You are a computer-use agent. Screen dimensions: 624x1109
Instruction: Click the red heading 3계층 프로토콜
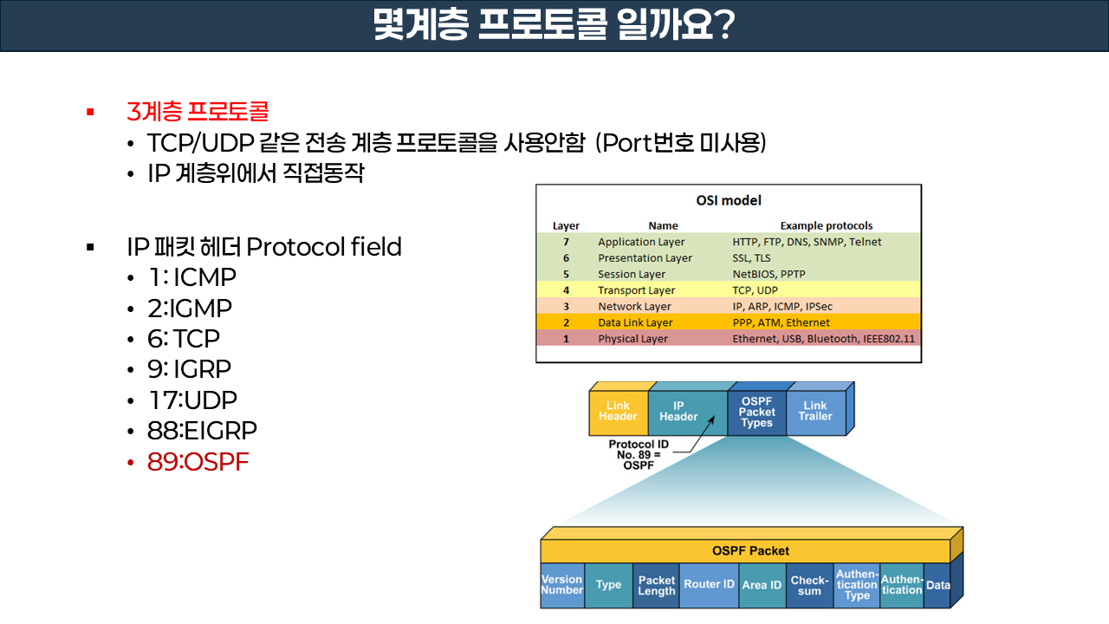click(198, 112)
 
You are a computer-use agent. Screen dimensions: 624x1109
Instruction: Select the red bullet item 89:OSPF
click(198, 462)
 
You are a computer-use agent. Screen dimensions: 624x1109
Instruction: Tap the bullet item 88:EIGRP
click(202, 431)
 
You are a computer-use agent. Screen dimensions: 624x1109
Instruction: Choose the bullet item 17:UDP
click(191, 400)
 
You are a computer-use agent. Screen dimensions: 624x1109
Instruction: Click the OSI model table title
click(729, 200)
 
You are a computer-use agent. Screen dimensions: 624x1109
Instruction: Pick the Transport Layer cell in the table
click(636, 290)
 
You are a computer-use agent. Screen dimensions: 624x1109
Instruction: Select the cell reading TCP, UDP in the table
click(755, 290)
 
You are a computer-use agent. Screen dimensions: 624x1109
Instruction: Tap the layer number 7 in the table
click(566, 242)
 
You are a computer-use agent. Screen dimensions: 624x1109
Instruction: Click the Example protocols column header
click(826, 225)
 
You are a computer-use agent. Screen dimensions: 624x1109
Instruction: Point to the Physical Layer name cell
click(632, 339)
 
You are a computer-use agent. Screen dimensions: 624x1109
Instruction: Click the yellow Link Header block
click(618, 412)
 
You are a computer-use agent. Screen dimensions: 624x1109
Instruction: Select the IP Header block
click(678, 412)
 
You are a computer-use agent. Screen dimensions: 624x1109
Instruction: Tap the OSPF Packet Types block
click(756, 412)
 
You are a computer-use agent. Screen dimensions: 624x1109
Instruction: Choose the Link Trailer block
click(814, 412)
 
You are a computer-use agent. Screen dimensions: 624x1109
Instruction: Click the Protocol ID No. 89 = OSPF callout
click(638, 455)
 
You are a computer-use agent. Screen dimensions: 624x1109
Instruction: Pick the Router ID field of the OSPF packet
click(709, 585)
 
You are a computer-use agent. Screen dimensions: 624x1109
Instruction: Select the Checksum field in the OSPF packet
click(809, 586)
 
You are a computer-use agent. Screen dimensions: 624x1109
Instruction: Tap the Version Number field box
click(561, 585)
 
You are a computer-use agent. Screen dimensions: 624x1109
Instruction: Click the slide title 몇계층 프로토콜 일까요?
click(554, 26)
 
